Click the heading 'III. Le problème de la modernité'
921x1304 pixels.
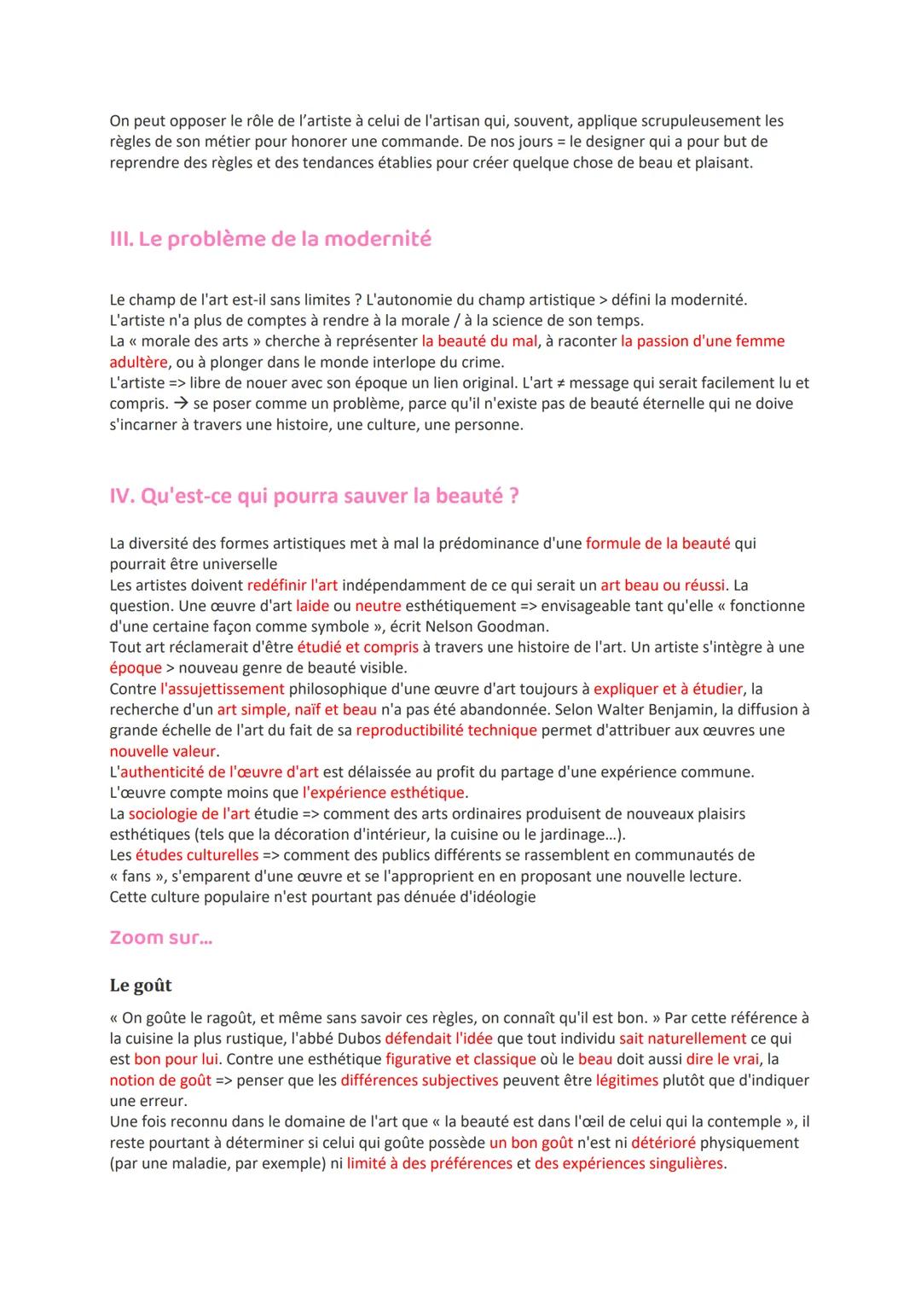coord(270,239)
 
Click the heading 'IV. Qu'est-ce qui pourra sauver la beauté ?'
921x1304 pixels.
coord(314,496)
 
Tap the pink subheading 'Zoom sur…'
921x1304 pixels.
coord(161,937)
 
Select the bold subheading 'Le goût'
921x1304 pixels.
coord(141,985)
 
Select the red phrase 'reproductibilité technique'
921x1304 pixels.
coord(446,731)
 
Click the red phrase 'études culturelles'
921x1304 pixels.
coord(196,855)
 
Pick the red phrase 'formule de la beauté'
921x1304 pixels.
coord(657,544)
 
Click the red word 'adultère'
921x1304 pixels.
coord(138,362)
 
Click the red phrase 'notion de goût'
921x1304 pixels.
coord(160,1080)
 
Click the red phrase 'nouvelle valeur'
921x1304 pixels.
coord(162,751)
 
